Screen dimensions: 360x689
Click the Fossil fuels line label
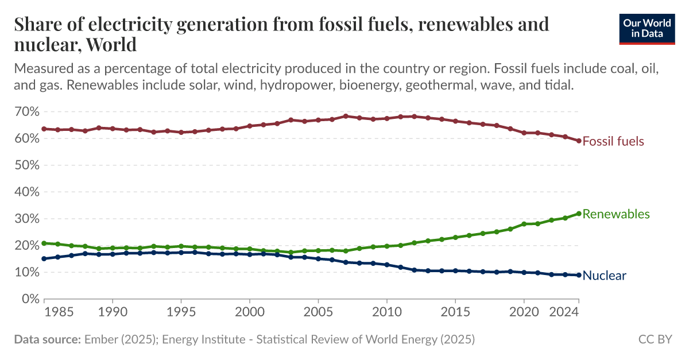(613, 141)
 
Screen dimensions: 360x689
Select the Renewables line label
(616, 214)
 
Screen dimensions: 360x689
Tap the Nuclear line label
(604, 276)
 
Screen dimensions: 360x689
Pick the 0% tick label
(29, 299)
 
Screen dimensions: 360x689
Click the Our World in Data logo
(647, 28)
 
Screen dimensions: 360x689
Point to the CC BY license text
(655, 339)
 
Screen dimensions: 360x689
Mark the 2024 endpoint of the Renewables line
(579, 214)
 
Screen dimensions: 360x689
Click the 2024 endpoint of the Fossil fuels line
(579, 141)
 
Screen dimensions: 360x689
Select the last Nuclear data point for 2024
(579, 275)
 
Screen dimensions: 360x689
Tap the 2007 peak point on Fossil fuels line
(346, 116)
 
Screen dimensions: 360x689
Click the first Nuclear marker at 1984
(44, 258)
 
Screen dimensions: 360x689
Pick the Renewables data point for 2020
(524, 224)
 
